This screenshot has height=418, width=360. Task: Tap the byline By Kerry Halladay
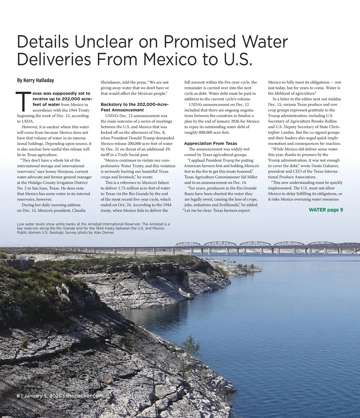click(x=35, y=80)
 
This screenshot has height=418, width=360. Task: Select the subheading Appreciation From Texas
click(x=210, y=144)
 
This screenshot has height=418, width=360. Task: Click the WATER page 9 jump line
click(x=326, y=210)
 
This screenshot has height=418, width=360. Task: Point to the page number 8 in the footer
click(x=18, y=396)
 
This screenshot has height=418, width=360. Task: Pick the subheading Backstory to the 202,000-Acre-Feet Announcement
click(x=135, y=107)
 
